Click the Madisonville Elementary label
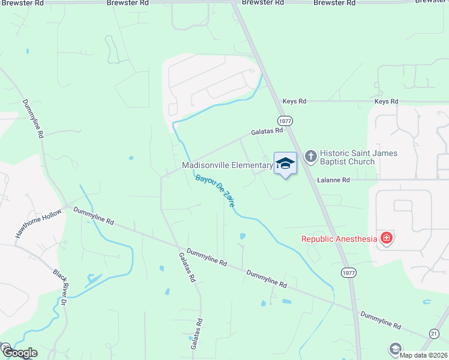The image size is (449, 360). (228, 165)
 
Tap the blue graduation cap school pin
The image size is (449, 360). (285, 163)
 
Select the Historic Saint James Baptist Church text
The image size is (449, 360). (358, 157)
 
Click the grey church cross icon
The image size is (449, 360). (310, 157)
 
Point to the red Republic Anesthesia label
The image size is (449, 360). (339, 239)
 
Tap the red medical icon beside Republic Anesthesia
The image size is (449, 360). (386, 238)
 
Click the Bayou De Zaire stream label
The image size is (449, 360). (214, 191)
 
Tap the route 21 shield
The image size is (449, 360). (434, 333)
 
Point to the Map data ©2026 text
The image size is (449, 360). (424, 355)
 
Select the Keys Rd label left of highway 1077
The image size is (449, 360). (295, 102)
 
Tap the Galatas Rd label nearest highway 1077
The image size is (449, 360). (267, 131)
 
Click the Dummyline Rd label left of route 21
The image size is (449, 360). (380, 319)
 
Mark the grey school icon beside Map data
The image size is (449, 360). (395, 348)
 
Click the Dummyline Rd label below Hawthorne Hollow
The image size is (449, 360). (94, 216)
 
